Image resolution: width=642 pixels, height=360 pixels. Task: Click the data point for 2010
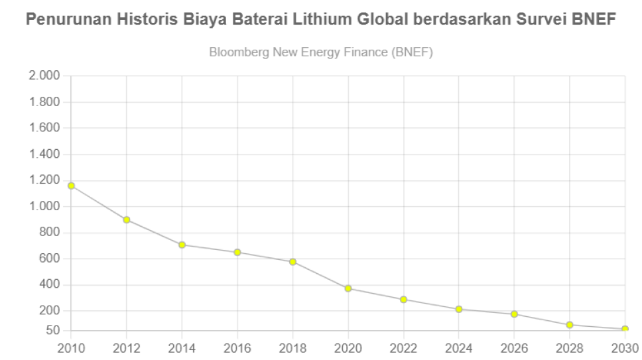71,186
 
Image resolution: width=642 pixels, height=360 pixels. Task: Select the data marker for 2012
127,219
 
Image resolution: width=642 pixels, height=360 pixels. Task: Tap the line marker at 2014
182,245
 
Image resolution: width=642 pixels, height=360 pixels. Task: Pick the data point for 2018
292,262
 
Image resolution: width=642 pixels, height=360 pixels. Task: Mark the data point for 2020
348,288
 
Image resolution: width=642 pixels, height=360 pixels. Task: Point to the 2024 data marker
459,309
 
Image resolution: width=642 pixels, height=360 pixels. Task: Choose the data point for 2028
570,325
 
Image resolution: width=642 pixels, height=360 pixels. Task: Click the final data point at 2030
625,329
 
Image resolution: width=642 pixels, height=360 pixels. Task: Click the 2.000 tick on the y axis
44,76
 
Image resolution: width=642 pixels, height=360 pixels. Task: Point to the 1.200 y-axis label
44,180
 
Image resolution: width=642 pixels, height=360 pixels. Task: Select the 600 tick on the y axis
49,259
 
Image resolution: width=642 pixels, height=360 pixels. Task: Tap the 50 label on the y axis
52,330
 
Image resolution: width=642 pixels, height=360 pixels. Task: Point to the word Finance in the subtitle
364,52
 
